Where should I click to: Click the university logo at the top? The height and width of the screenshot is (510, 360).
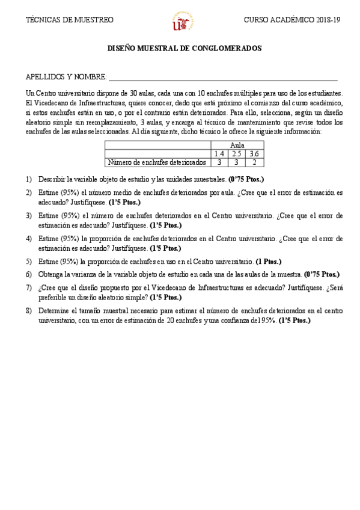[x=183, y=22]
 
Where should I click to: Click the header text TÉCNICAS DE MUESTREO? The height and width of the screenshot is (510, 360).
[x=69, y=20]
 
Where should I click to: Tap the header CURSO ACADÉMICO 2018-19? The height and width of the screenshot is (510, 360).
[x=292, y=20]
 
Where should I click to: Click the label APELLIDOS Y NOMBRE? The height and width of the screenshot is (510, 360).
[x=66, y=78]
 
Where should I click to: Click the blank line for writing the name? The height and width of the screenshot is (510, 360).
[x=222, y=79]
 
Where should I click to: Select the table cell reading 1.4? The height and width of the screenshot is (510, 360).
[x=219, y=154]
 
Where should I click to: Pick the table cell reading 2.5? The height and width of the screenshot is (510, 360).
[x=237, y=154]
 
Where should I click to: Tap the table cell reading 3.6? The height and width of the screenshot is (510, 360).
[x=254, y=154]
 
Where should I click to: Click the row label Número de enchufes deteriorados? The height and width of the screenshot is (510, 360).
[x=157, y=162]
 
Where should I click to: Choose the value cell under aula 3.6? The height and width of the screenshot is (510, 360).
[x=254, y=162]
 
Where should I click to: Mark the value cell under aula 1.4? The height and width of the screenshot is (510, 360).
[x=219, y=162]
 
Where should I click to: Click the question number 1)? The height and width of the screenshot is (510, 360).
[x=29, y=179]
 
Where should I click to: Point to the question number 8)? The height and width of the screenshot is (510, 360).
[x=29, y=311]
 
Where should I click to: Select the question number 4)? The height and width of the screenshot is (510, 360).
[x=29, y=238]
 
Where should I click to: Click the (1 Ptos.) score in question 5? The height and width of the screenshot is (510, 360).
[x=268, y=262]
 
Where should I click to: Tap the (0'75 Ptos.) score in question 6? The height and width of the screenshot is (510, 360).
[x=322, y=274]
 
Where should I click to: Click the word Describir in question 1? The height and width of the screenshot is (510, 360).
[x=52, y=179]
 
